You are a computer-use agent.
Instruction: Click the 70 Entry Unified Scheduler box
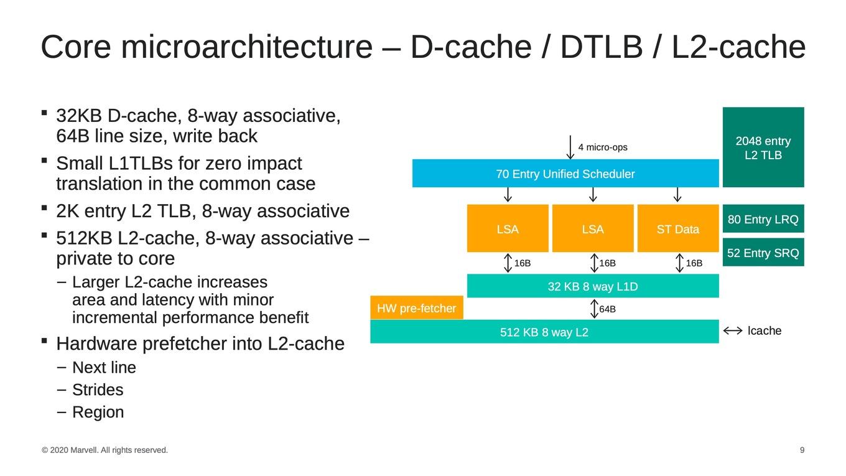(x=565, y=174)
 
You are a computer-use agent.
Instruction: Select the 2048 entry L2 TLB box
(x=763, y=147)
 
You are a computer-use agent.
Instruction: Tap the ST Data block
(x=678, y=228)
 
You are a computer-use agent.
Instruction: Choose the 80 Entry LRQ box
(x=763, y=219)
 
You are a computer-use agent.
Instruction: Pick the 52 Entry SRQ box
(x=763, y=252)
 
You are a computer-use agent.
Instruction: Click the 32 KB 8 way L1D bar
(x=593, y=286)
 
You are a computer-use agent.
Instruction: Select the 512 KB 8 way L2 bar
(x=544, y=332)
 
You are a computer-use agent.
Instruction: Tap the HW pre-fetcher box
(x=417, y=308)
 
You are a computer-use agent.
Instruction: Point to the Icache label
(x=765, y=330)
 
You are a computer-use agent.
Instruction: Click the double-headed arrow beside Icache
(x=733, y=331)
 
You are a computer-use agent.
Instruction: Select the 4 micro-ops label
(x=603, y=147)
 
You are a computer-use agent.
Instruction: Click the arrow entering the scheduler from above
(x=570, y=147)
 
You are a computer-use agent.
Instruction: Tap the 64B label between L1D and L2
(x=607, y=309)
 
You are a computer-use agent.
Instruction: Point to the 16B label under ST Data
(x=694, y=263)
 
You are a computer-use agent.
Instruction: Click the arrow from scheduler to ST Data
(x=677, y=195)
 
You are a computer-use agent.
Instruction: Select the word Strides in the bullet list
(x=98, y=390)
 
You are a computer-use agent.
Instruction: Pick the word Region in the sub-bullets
(x=98, y=413)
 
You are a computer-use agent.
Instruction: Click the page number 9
(x=802, y=450)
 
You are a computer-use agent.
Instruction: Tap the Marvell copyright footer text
(x=105, y=450)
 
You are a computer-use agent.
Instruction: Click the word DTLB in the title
(x=602, y=47)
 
